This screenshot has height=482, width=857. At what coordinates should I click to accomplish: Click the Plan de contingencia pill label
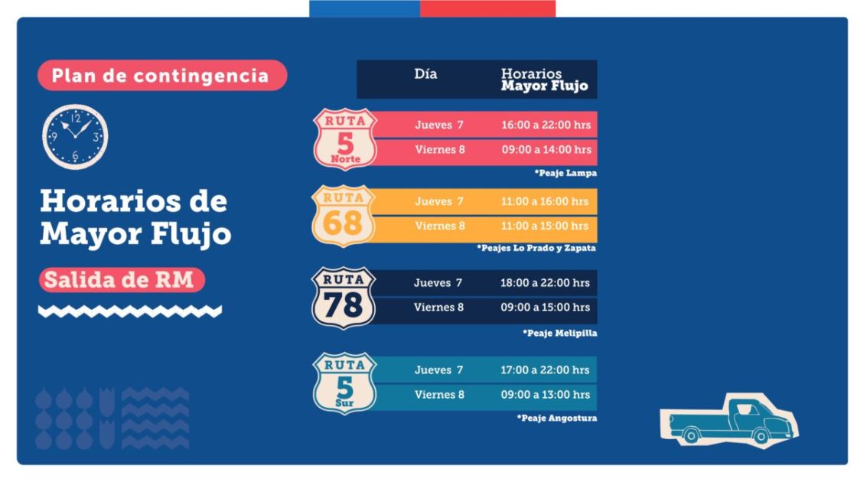[x=161, y=76]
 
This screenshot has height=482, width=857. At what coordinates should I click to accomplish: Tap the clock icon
[x=75, y=136]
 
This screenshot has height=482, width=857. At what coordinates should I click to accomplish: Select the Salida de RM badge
[x=122, y=280]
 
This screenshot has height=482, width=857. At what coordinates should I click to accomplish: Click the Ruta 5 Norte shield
[x=345, y=138]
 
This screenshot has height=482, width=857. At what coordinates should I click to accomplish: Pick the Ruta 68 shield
[x=344, y=215]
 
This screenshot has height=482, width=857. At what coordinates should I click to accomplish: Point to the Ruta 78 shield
[x=344, y=298]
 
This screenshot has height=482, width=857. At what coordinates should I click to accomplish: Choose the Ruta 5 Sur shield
[x=345, y=383]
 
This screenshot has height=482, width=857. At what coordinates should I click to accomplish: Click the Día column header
[x=426, y=74]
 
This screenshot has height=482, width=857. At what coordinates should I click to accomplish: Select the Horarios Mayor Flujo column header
[x=544, y=80]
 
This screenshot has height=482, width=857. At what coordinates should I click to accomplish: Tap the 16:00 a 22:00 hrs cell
[x=546, y=125]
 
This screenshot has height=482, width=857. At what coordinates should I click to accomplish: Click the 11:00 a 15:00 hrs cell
[x=545, y=226]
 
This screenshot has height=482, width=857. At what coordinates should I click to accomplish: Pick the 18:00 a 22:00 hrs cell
[x=545, y=283]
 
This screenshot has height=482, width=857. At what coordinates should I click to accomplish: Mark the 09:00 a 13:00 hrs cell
[x=545, y=395]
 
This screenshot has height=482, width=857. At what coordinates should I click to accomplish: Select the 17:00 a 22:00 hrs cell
[x=545, y=370]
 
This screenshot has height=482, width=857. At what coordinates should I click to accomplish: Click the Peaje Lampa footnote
[x=565, y=174]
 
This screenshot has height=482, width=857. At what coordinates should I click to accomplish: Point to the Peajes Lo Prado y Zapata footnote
[x=536, y=249]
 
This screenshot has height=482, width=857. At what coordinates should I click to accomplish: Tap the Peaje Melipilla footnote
[x=560, y=334]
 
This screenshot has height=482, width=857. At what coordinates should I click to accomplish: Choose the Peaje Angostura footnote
[x=557, y=418]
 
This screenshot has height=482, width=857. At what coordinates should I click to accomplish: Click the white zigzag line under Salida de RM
[x=130, y=311]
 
